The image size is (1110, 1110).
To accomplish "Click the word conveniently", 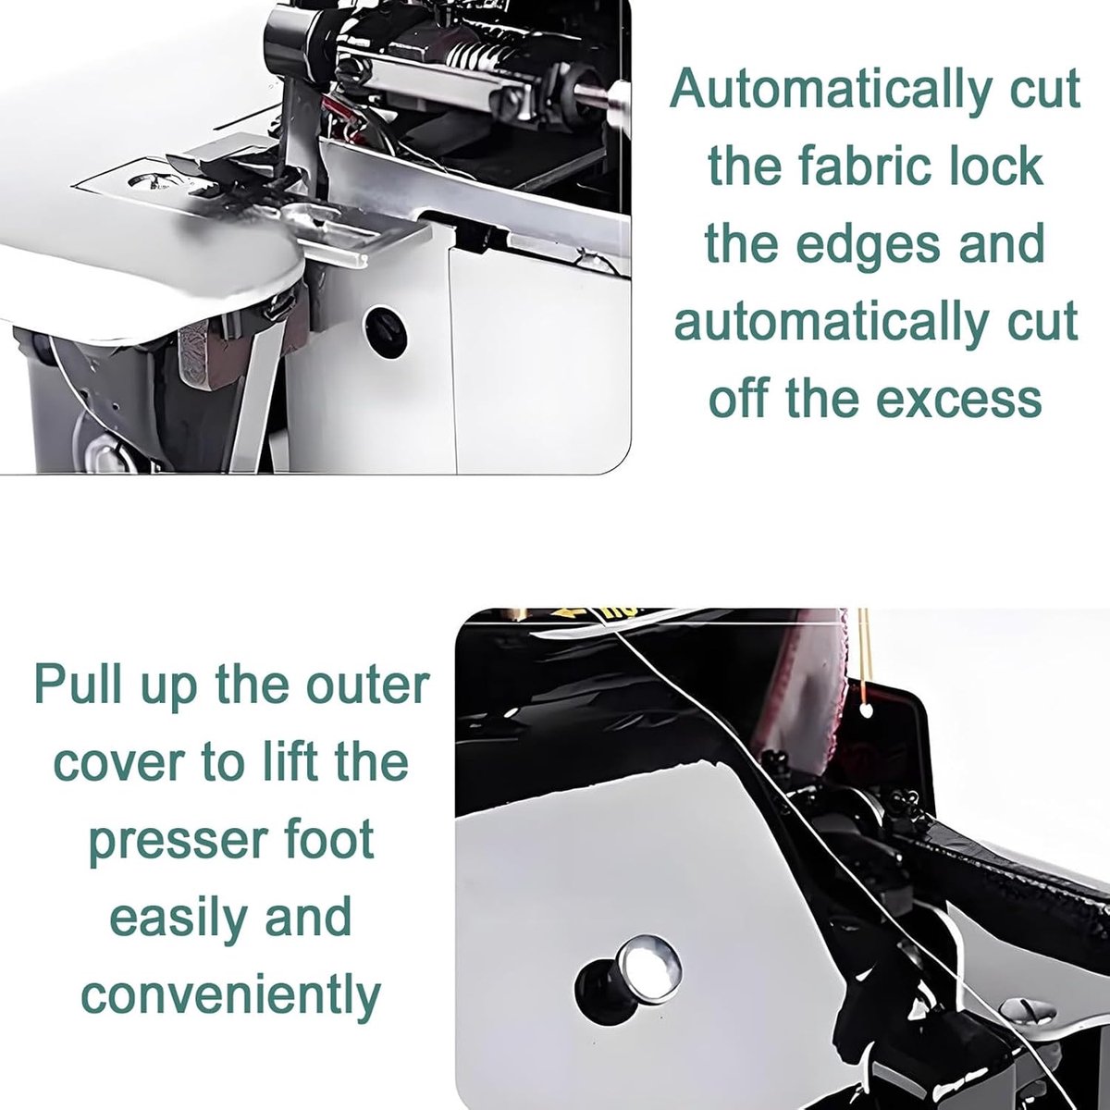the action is [x=231, y=988].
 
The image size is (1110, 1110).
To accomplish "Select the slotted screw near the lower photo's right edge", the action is [x=1029, y=1024].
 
